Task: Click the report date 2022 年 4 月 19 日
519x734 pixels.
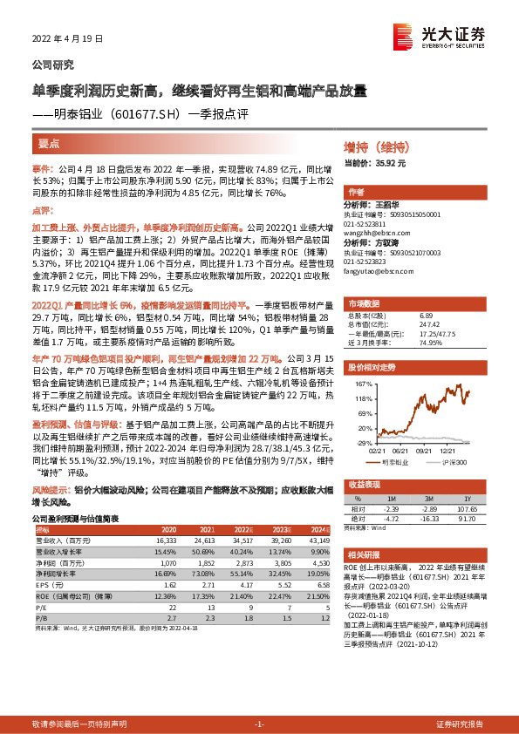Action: pyautogui.click(x=67, y=39)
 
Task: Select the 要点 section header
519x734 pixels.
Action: pyautogui.click(x=49, y=144)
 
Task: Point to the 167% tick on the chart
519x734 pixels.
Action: pyautogui.click(x=363, y=384)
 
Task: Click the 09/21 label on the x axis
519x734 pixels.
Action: pyautogui.click(x=424, y=450)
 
